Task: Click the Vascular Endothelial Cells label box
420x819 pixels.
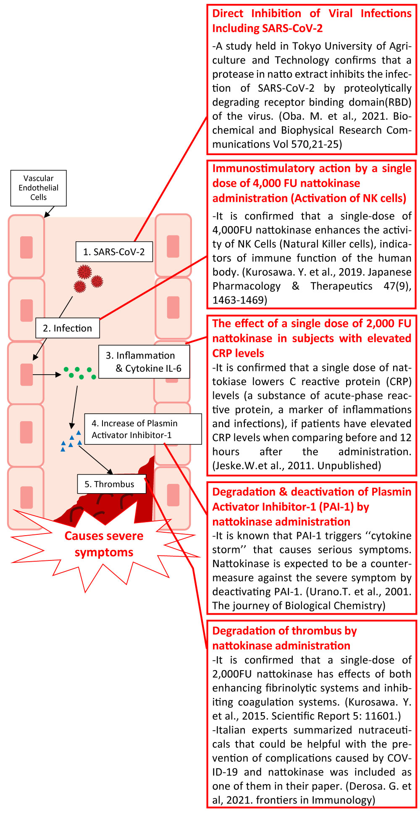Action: click(38, 188)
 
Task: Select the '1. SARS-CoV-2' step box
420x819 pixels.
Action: click(114, 252)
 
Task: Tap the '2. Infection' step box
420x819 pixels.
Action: click(67, 328)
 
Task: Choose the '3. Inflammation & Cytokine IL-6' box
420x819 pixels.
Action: click(144, 362)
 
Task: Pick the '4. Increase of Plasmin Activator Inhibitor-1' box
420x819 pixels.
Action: click(143, 429)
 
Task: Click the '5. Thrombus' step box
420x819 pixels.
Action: click(111, 484)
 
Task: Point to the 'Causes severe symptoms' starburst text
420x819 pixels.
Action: click(104, 544)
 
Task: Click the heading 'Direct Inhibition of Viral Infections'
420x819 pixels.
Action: click(312, 13)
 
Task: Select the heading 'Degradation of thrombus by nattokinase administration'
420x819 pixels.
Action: click(284, 638)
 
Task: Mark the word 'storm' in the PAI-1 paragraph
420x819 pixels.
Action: click(227, 550)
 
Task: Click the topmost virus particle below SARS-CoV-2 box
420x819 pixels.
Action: click(84, 272)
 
